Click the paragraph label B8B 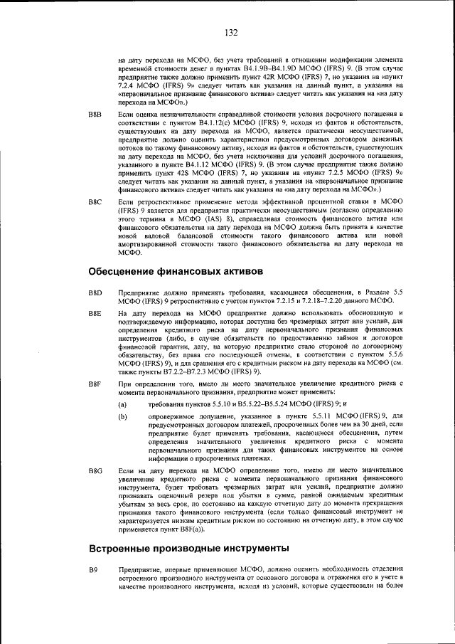click(95, 114)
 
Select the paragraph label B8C click(95, 203)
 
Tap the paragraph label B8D click(95, 293)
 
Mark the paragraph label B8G click(95, 472)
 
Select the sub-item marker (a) click(123, 403)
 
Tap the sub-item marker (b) click(123, 416)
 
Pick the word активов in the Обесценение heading click(240, 272)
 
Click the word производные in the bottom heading click(186, 549)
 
